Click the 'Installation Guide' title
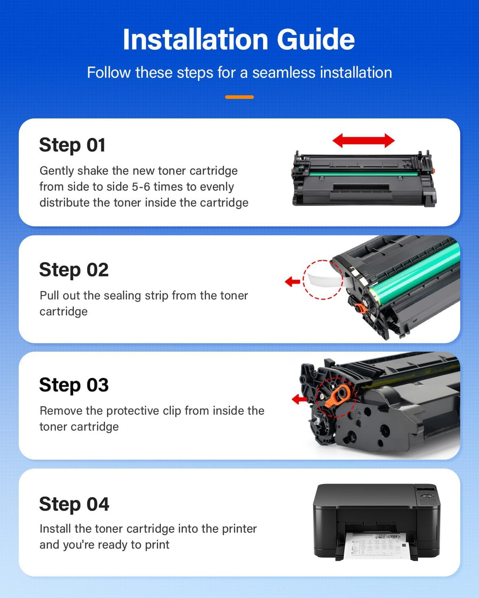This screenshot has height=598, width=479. tap(239, 39)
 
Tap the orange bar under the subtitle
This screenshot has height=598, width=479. tap(239, 97)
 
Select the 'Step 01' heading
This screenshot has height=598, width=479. tap(72, 145)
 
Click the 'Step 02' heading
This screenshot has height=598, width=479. tap(74, 270)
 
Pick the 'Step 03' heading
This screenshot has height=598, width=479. tap(74, 385)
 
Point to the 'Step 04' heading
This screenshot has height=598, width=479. tap(74, 504)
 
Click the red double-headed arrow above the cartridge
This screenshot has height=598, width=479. tap(363, 140)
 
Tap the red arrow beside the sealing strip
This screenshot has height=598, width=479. tap(292, 281)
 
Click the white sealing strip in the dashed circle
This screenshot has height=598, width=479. tap(323, 281)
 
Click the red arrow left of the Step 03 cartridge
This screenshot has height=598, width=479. tap(299, 399)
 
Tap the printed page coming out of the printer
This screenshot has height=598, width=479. tap(376, 546)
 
